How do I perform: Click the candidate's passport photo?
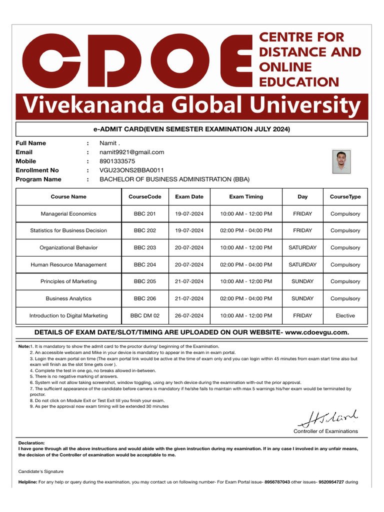(341, 161)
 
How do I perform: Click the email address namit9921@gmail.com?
(132, 152)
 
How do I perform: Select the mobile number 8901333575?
(117, 161)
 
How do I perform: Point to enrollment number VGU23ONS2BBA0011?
(132, 170)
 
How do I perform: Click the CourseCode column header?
(145, 196)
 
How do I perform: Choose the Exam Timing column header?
(246, 196)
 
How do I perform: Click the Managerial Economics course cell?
(68, 213)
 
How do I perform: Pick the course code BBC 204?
(145, 264)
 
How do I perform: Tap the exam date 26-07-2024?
(189, 315)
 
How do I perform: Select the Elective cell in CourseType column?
(345, 315)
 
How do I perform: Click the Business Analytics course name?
(68, 298)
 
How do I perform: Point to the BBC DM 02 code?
(145, 315)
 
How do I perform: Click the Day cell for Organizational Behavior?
(302, 247)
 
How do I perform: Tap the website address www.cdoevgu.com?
(316, 332)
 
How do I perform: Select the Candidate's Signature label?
(41, 471)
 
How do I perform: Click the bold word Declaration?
(31, 442)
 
